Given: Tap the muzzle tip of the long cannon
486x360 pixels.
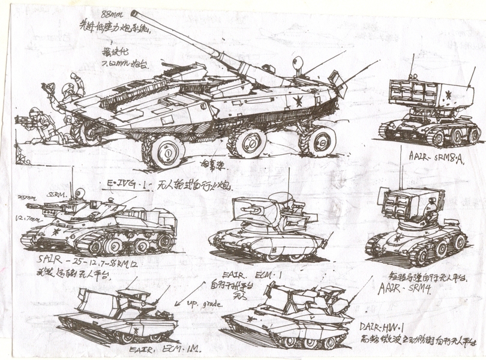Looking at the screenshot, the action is coord(134,13).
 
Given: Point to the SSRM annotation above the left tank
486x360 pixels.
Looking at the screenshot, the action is coord(57,196).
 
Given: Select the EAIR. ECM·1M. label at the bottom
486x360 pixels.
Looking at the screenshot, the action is coord(167,348).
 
